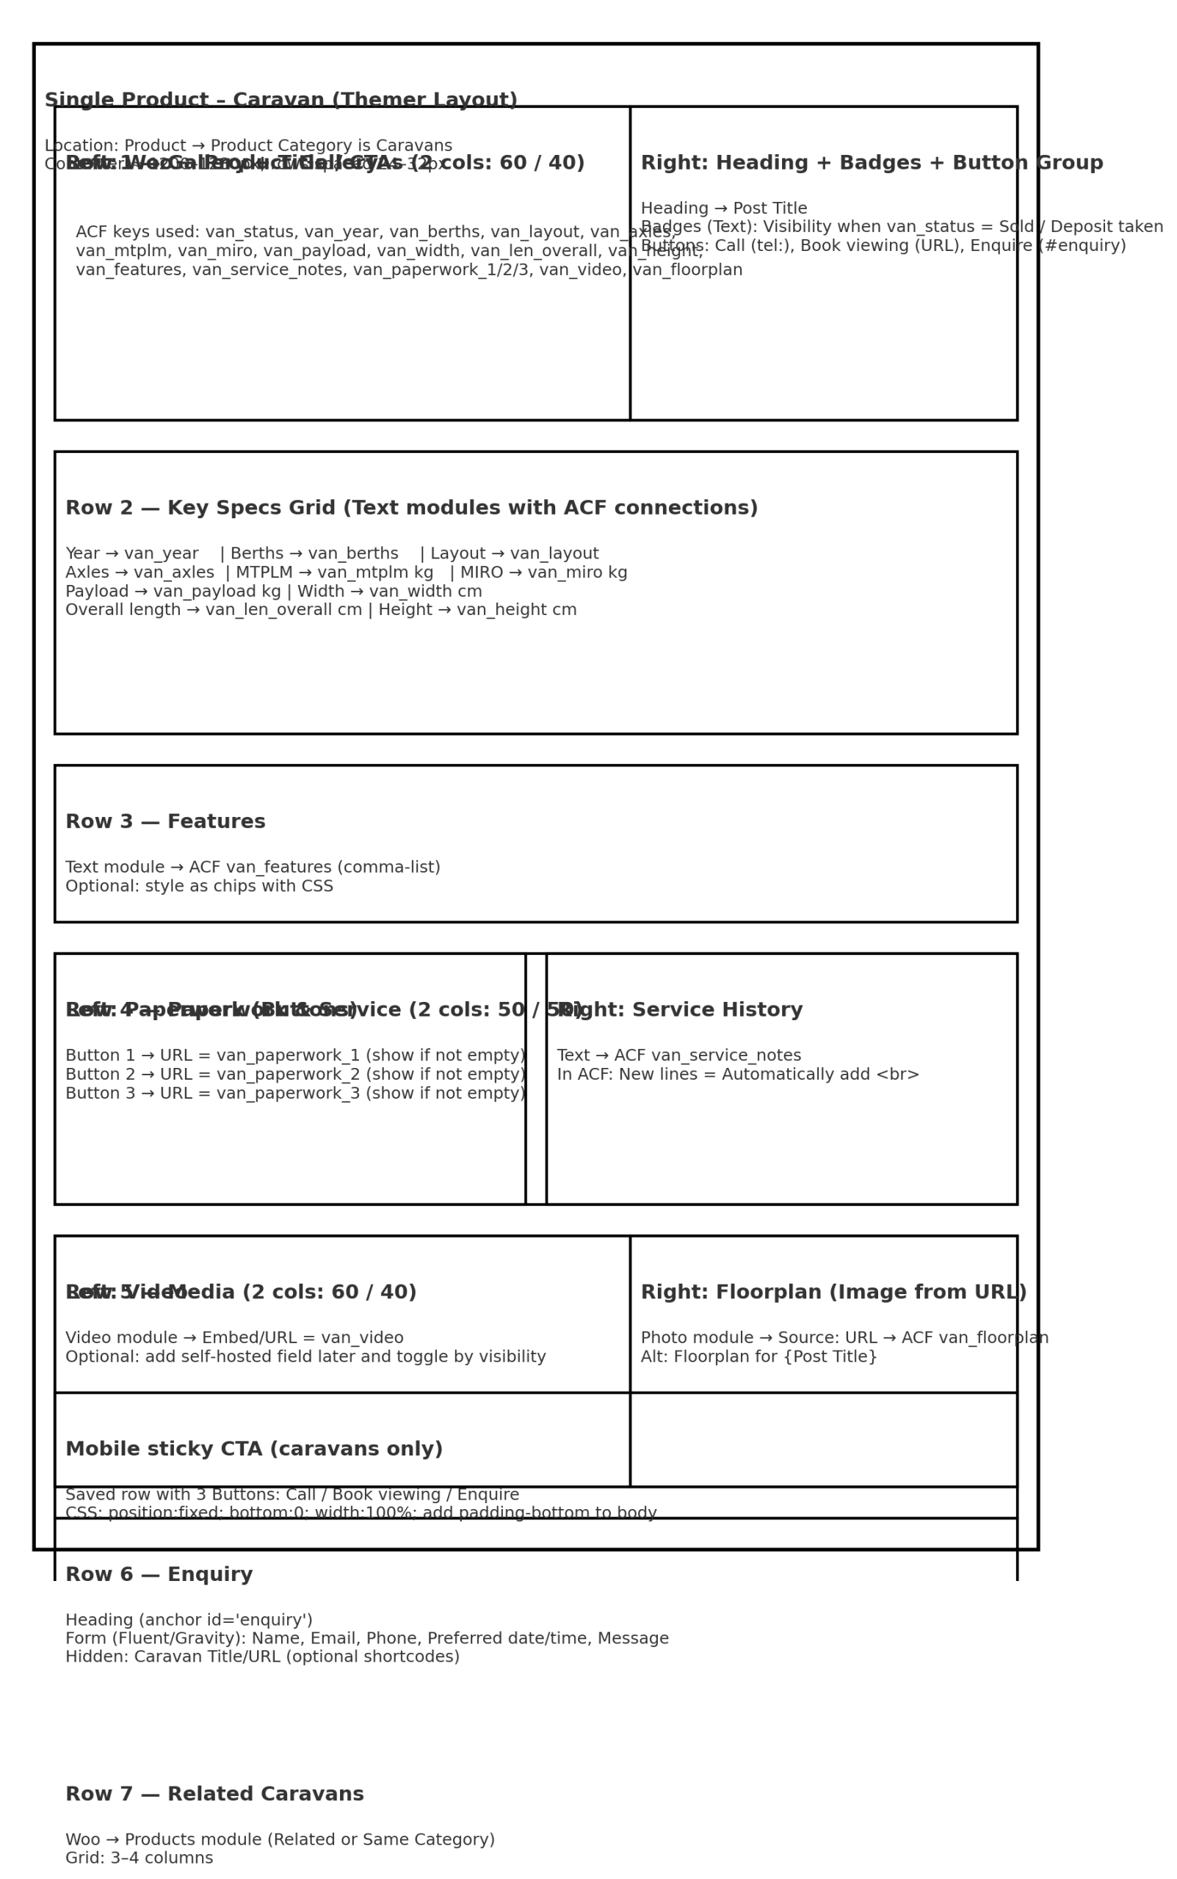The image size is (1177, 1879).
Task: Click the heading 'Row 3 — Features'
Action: [x=165, y=821]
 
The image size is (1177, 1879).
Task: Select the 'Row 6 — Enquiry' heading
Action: [x=159, y=1575]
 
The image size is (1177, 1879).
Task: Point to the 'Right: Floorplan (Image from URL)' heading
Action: [x=833, y=1293]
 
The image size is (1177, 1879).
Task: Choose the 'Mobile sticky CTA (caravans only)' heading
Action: [x=254, y=1449]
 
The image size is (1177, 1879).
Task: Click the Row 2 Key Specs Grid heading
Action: [x=411, y=508]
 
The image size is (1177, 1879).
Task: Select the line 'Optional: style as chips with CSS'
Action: [x=199, y=886]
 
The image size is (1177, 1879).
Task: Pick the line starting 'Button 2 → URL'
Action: [x=296, y=1075]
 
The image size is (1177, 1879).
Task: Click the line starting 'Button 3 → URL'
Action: [x=296, y=1093]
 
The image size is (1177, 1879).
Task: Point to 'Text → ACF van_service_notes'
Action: [x=678, y=1055]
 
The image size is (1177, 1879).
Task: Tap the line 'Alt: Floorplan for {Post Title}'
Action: [x=758, y=1357]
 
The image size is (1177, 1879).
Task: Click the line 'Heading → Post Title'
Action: [x=724, y=208]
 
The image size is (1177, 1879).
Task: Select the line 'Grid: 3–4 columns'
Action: [x=140, y=1858]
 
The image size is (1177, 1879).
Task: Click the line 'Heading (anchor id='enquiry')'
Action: [x=189, y=1620]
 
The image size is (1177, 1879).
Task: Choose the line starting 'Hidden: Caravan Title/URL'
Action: [x=262, y=1657]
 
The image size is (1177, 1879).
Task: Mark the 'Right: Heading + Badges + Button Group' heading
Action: [x=871, y=164]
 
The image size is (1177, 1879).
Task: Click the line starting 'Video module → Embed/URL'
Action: [x=234, y=1338]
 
